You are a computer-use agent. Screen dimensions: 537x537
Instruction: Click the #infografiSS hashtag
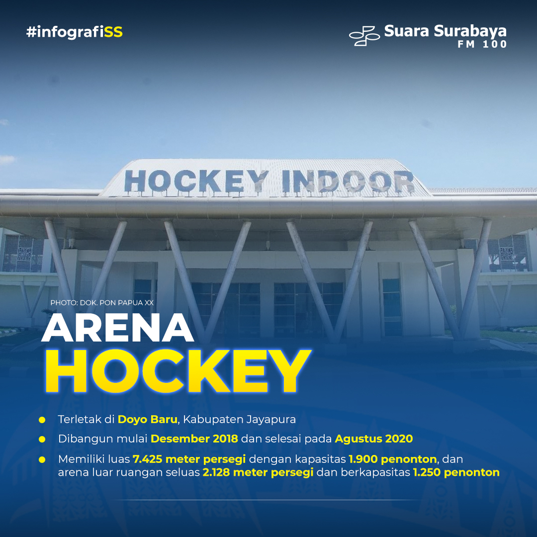point(74,32)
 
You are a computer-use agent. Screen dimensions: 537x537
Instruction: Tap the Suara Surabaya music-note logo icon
point(364,35)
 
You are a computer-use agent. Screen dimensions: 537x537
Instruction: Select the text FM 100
point(482,44)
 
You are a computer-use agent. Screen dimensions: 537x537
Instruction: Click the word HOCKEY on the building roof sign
point(196,181)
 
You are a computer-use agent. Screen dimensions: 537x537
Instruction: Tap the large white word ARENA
point(117,327)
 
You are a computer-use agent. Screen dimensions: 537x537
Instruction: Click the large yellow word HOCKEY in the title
point(178,371)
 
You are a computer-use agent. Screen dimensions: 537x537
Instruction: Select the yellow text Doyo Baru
point(147,420)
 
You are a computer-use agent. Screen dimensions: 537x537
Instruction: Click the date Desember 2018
point(194,439)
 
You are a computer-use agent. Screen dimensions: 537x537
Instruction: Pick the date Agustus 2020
point(373,439)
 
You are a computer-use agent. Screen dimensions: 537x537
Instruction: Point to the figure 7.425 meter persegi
point(189,459)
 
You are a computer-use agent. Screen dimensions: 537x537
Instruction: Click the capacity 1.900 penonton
point(392,459)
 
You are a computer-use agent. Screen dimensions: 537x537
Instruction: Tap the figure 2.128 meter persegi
point(258,473)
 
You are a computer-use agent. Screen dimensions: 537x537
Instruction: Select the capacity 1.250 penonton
point(456,473)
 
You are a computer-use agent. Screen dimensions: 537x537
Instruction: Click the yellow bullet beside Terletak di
point(42,420)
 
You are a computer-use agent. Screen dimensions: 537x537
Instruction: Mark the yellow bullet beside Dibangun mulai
point(42,440)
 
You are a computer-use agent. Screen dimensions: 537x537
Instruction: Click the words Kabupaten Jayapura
point(239,420)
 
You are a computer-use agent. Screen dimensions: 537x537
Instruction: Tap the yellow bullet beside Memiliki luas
point(42,459)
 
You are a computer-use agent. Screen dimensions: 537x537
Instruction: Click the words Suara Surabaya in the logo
point(445,31)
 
